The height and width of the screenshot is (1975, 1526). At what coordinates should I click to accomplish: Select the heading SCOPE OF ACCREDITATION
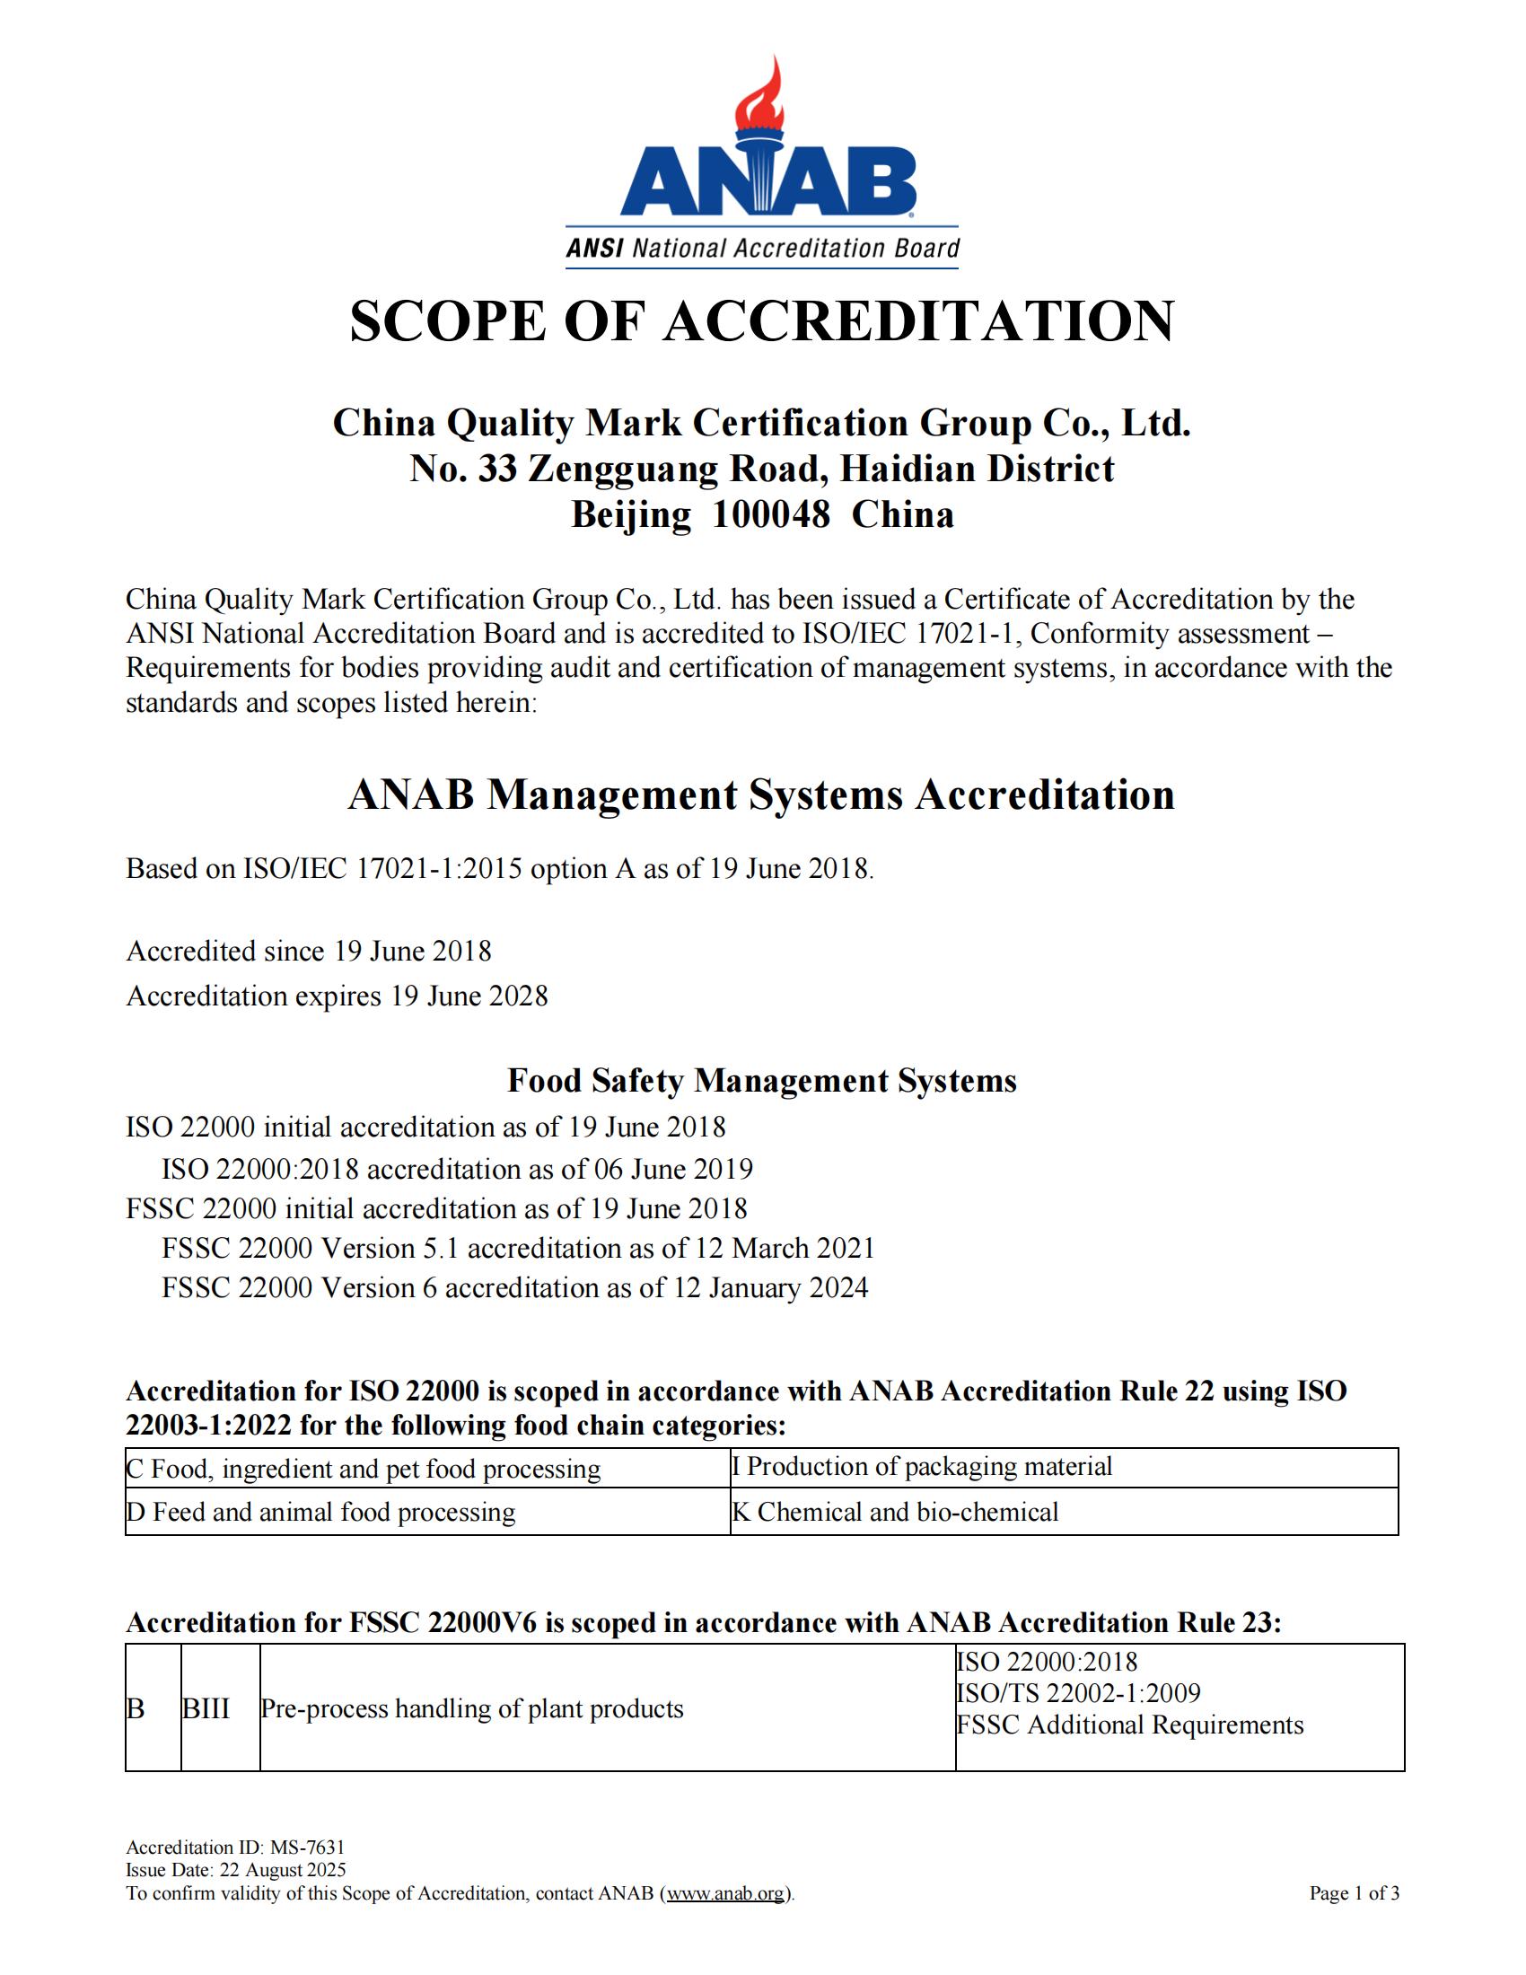[761, 321]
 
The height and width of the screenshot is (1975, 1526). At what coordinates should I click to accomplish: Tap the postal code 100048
[770, 514]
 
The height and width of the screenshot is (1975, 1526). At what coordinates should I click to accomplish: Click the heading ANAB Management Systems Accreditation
[761, 794]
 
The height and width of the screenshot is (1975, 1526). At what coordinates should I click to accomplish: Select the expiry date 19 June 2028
[469, 996]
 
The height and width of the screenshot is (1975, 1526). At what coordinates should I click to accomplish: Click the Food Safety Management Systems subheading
[761, 1081]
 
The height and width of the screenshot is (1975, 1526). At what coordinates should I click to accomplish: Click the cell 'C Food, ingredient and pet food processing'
[364, 1469]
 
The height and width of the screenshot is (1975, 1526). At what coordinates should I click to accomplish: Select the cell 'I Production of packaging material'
[922, 1466]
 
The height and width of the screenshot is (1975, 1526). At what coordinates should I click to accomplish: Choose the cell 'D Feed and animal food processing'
[321, 1512]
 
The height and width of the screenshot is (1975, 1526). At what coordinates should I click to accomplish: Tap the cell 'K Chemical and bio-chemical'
[895, 1512]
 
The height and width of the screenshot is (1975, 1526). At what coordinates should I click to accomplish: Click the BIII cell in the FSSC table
[206, 1709]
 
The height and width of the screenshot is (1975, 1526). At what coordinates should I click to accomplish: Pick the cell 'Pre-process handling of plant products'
[472, 1709]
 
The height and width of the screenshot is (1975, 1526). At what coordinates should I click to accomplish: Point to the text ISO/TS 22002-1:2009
[1077, 1693]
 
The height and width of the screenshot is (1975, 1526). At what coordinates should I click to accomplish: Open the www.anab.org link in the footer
[726, 1892]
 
